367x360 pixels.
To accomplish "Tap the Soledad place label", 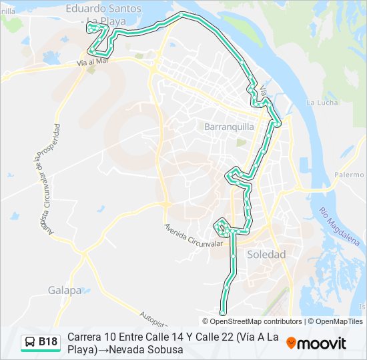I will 266,254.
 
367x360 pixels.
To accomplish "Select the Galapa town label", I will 65,290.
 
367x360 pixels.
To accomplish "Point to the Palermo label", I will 349,175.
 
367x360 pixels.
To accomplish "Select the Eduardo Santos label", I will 103,9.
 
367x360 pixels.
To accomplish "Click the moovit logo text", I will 322,343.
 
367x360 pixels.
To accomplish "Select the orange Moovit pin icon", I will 291,343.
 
